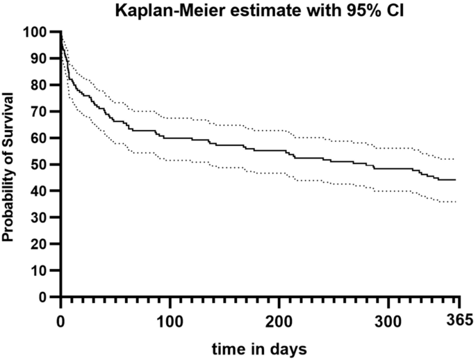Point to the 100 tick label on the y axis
[x=37, y=32]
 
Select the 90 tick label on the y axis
[x=40, y=58]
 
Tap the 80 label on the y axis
[x=40, y=85]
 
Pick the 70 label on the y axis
[x=40, y=111]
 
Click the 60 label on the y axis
[x=40, y=138]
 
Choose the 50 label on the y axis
[x=40, y=165]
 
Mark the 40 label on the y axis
[x=40, y=191]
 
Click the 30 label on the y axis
[x=40, y=218]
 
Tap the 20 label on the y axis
[x=40, y=244]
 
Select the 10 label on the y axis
[x=40, y=270]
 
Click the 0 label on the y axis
[x=44, y=297]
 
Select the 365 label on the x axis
[x=458, y=320]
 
